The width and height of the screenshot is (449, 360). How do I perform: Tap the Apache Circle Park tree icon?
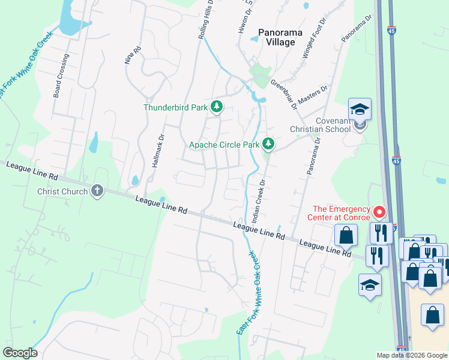point(268,144)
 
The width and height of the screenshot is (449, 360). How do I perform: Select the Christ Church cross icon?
point(97,191)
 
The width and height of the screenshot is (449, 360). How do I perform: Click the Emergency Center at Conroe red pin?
point(379,212)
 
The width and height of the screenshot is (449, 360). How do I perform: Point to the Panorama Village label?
point(277,37)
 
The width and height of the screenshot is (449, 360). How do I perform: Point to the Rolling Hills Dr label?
point(203,21)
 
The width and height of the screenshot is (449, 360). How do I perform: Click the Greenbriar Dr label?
point(284,94)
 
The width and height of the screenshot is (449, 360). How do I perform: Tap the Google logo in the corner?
point(20,353)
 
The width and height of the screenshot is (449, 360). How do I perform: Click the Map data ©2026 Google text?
point(412,355)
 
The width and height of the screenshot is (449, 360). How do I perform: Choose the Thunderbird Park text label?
point(175,108)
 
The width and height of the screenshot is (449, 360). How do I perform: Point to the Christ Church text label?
point(62,191)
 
